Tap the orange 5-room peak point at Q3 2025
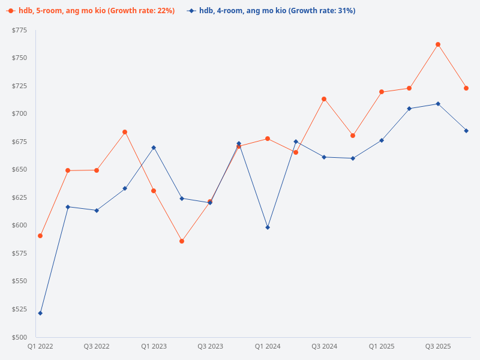pyautogui.click(x=438, y=44)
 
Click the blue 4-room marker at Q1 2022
pyautogui.click(x=40, y=313)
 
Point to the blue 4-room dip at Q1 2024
pyautogui.click(x=268, y=227)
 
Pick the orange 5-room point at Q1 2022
pyautogui.click(x=40, y=236)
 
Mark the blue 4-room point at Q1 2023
pyautogui.click(x=154, y=148)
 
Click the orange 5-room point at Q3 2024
pyautogui.click(x=324, y=99)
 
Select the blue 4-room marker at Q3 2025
pyautogui.click(x=438, y=104)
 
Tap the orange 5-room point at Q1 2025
pyautogui.click(x=381, y=92)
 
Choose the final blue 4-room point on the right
pyautogui.click(x=466, y=131)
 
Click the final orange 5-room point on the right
pyautogui.click(x=466, y=88)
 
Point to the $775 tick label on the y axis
pyautogui.click(x=19, y=31)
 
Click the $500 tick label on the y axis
pyautogui.click(x=19, y=337)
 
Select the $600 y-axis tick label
pyautogui.click(x=19, y=226)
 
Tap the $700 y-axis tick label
pyautogui.click(x=19, y=114)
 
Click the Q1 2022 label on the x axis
pyautogui.click(x=40, y=347)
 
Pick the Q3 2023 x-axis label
pyautogui.click(x=211, y=347)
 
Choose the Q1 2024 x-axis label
pyautogui.click(x=268, y=347)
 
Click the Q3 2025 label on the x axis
pyautogui.click(x=438, y=347)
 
